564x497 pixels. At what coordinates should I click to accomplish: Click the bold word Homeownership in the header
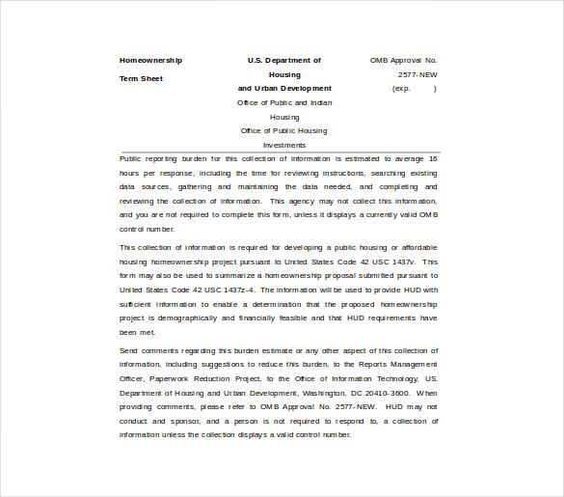(150, 61)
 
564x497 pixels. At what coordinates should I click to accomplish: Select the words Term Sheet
(141, 79)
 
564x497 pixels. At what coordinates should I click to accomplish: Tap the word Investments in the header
(284, 146)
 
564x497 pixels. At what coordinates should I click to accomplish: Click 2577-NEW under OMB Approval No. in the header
(417, 74)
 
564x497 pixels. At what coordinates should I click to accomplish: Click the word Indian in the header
(320, 102)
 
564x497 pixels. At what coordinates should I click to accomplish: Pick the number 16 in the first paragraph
(433, 158)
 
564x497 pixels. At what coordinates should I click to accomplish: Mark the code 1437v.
(401, 262)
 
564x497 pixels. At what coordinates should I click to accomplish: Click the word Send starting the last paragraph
(128, 350)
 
